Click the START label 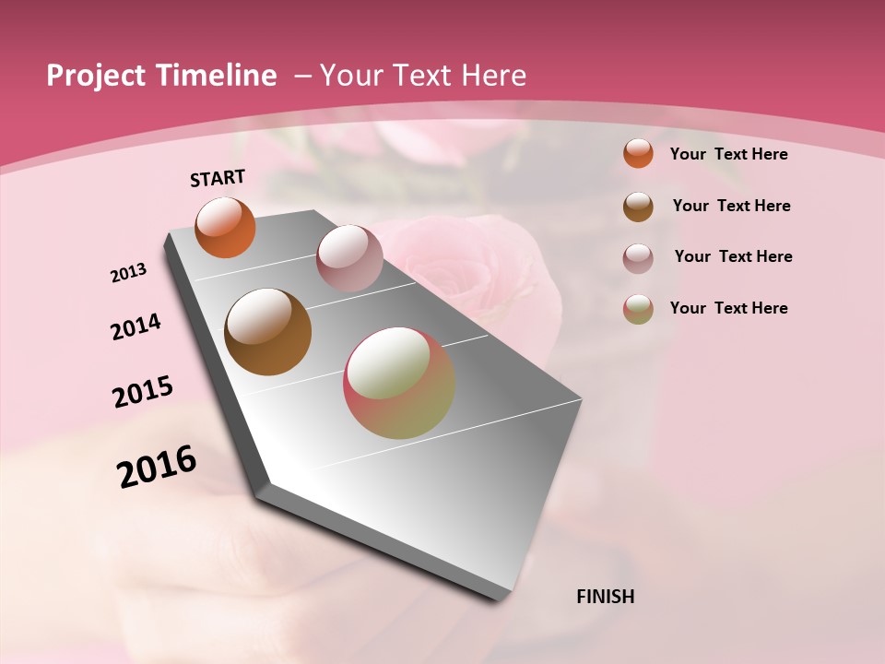point(218,178)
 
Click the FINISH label point(606,597)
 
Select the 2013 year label point(129,273)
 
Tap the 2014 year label point(136,326)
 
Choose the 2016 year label point(157,467)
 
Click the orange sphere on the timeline point(226,227)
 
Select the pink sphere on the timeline point(349,258)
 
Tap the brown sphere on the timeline point(268,332)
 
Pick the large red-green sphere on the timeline point(399,383)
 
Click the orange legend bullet point(638,153)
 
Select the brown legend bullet point(638,207)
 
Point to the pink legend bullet point(638,258)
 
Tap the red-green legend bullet point(638,309)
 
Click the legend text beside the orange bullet point(729,154)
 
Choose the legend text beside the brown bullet point(732,206)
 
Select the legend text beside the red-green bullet point(729,308)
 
